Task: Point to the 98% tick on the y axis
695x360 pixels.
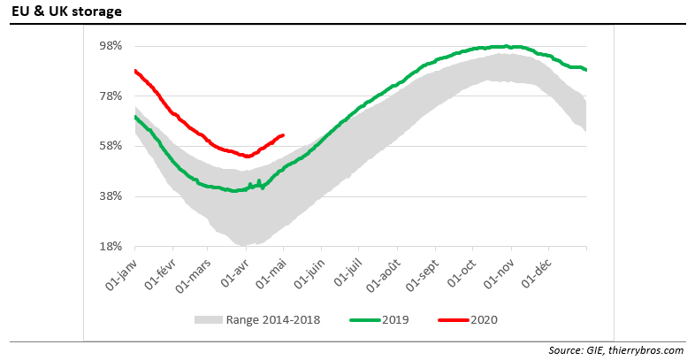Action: click(x=110, y=45)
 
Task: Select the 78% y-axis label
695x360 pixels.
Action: click(x=110, y=96)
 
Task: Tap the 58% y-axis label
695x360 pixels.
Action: click(x=110, y=145)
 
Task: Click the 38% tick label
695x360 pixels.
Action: click(x=110, y=195)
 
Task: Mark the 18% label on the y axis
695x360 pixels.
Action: click(x=110, y=246)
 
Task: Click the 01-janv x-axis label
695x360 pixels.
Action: click(x=123, y=269)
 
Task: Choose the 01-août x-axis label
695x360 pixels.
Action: click(x=383, y=270)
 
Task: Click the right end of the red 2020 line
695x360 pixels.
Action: click(x=282, y=134)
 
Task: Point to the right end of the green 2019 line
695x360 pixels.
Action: click(x=586, y=70)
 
